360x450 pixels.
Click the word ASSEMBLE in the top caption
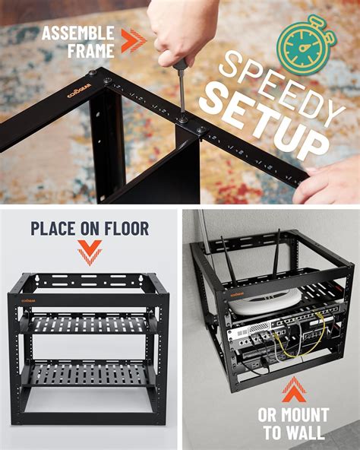point(77,32)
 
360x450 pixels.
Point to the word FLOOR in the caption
point(122,228)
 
